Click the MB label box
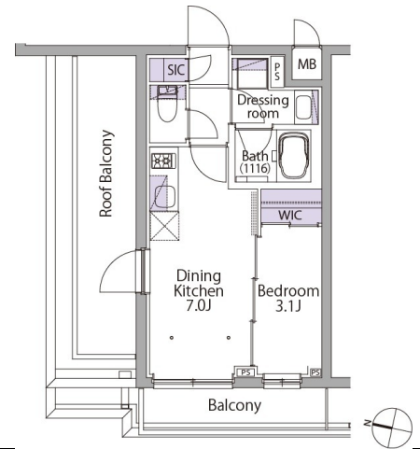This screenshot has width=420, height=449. pos(307,64)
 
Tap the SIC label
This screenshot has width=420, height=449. pos(176,70)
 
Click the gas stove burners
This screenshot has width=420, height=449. pos(163,161)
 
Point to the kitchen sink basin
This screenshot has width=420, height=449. pos(165,197)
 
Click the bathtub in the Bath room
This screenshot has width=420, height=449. pos(295,156)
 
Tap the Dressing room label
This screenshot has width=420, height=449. pos(263,106)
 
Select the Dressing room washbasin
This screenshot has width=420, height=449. pos(304,107)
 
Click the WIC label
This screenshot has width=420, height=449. pos(290,215)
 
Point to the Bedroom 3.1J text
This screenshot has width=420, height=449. pos(288,299)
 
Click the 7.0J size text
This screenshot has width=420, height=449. pos(199,306)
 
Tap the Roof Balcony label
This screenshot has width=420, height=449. pos(106,174)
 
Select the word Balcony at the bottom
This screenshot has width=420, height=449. pos(234,405)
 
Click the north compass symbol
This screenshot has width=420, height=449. pos(392,427)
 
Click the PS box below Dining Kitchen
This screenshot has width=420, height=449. pos(245,372)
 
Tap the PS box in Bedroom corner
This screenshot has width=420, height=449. pos(315,372)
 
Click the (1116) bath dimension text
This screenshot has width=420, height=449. pos(255,168)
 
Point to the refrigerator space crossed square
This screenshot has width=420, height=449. pos(164,226)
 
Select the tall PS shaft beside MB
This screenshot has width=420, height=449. pos(277,72)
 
